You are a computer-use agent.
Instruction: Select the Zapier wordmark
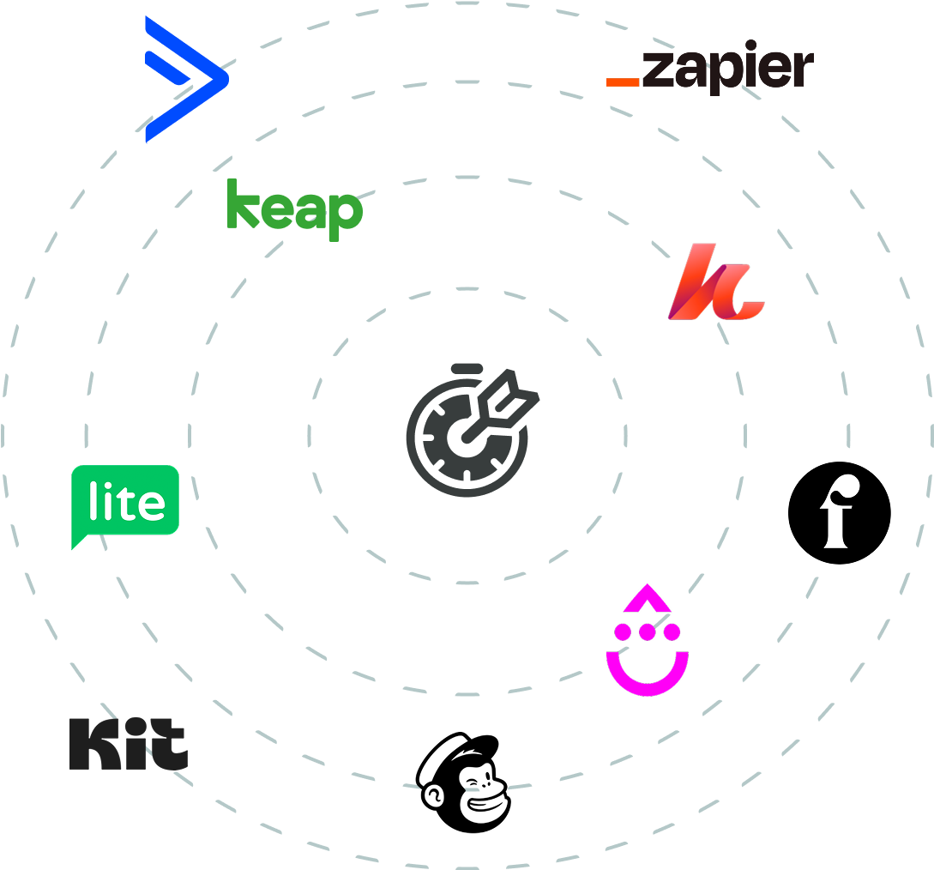pyautogui.click(x=709, y=67)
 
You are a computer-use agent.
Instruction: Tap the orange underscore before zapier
pyautogui.click(x=623, y=82)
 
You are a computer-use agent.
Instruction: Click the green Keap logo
pyautogui.click(x=295, y=209)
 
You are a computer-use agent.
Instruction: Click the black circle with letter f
pyautogui.click(x=840, y=512)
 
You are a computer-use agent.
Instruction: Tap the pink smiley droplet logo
pyautogui.click(x=648, y=639)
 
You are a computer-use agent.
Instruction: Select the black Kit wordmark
pyautogui.click(x=129, y=744)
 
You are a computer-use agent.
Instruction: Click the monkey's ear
pyautogui.click(x=432, y=796)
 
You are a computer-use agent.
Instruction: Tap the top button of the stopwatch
pyautogui.click(x=467, y=368)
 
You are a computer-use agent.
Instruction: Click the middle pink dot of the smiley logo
pyautogui.click(x=648, y=631)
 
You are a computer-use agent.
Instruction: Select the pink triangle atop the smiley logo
pyautogui.click(x=648, y=598)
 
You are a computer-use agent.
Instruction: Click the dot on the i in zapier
pyautogui.click(x=750, y=45)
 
